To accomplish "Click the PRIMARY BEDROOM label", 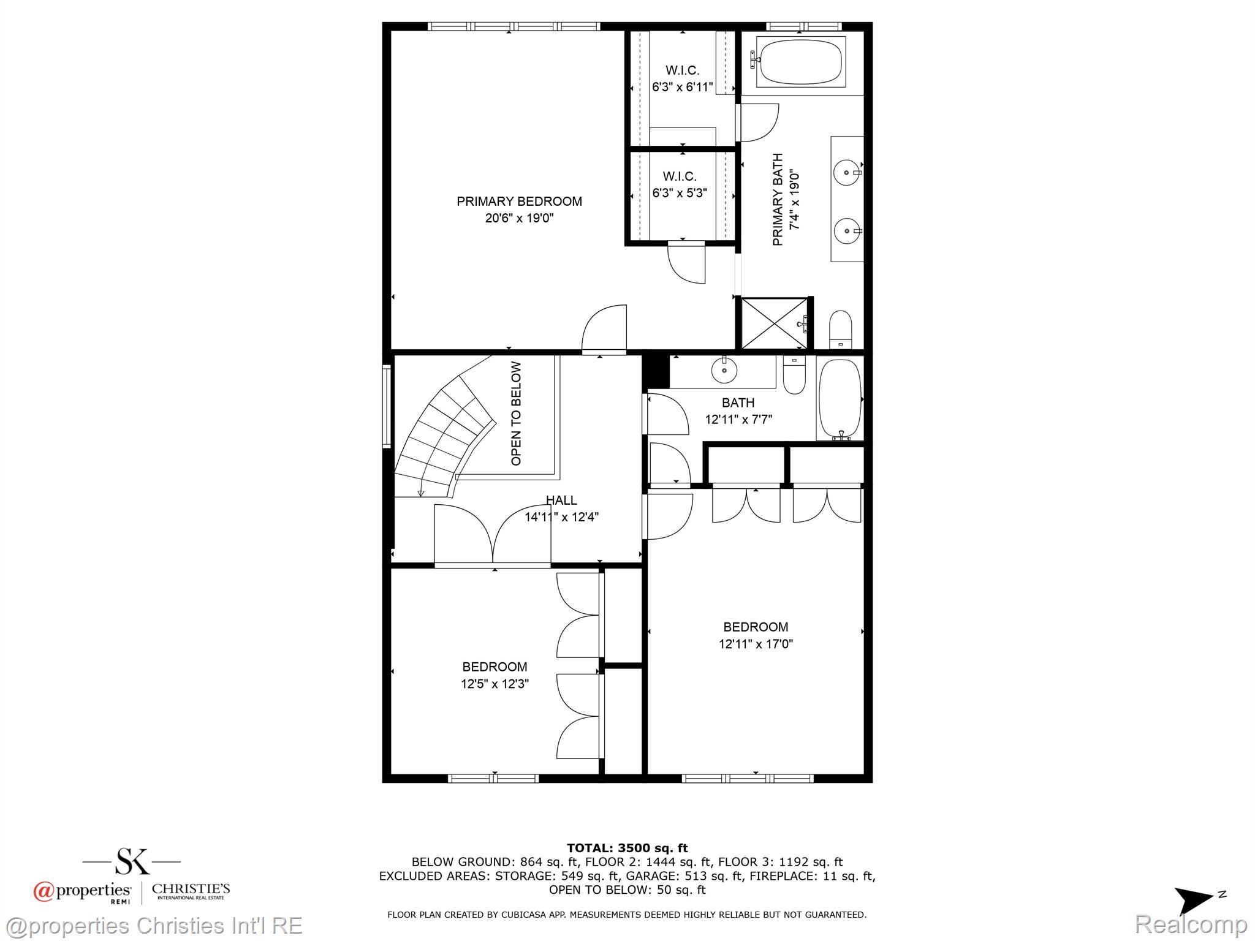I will tap(519, 201).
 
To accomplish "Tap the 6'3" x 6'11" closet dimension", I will tap(682, 87).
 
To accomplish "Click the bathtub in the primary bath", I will tap(800, 61).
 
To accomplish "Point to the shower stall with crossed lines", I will tap(774, 323).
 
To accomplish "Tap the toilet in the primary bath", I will tap(840, 330).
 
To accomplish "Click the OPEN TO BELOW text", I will tap(516, 414).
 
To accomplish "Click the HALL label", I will tap(561, 500).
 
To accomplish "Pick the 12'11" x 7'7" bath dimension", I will tap(738, 420).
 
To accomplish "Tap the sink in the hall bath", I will tap(724, 370).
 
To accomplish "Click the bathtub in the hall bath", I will tap(840, 399).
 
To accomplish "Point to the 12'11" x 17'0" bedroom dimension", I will tap(756, 644).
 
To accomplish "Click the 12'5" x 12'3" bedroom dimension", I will tap(495, 684).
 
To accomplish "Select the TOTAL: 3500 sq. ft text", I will tap(627, 848).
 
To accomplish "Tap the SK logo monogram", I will tap(132, 861).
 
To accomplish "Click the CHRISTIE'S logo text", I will tap(191, 888).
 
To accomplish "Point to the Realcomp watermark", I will tap(1191, 924).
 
